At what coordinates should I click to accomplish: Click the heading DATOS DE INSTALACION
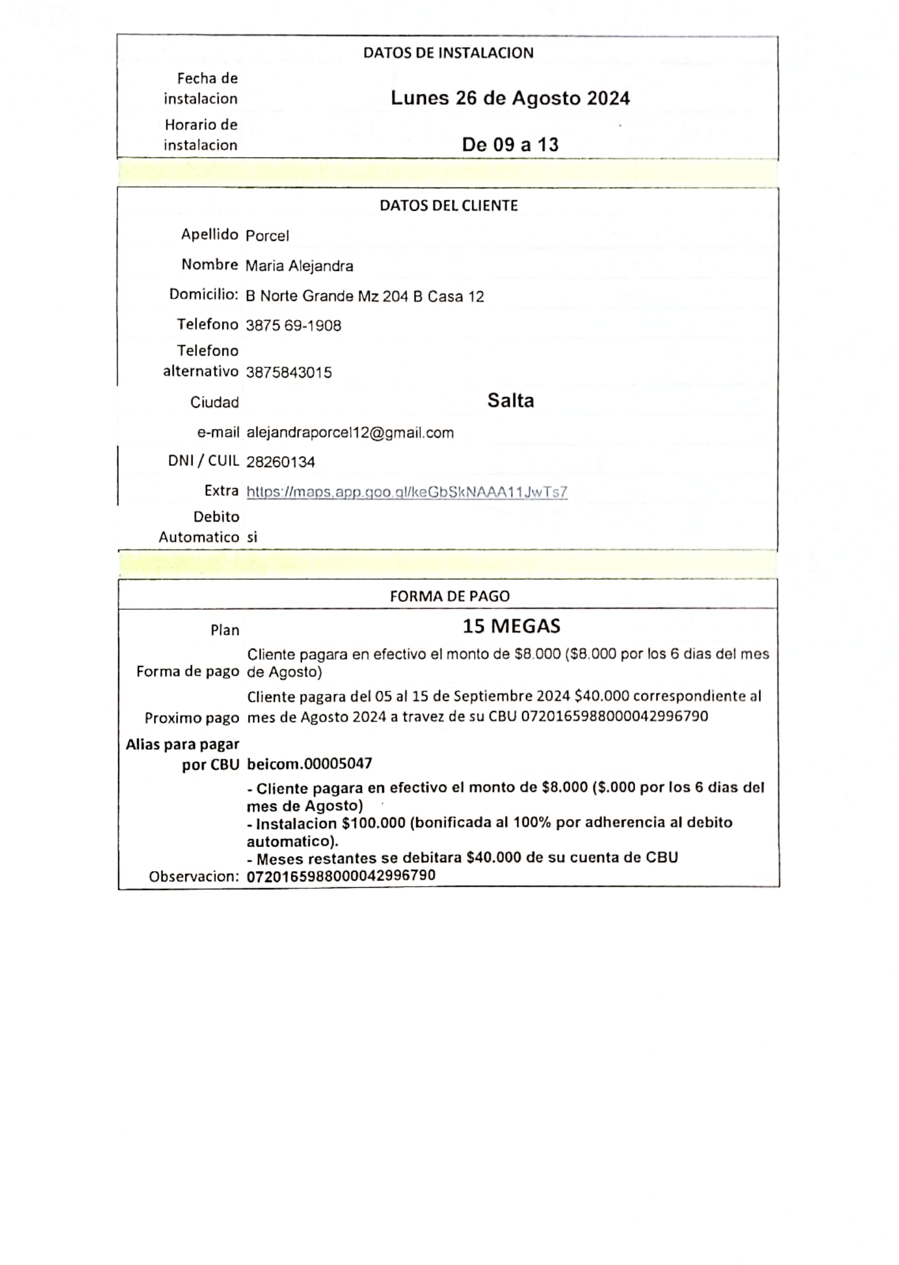point(448,53)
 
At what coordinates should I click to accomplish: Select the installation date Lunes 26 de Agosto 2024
point(510,98)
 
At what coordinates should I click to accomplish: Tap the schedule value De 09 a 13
point(510,145)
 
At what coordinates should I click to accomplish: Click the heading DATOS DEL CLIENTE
point(448,206)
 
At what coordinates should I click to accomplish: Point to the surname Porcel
point(267,236)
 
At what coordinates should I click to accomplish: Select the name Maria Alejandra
point(299,266)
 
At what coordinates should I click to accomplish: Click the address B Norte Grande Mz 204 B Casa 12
point(365,296)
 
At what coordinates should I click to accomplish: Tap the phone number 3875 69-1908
point(293,326)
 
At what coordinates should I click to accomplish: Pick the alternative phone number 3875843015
point(289,372)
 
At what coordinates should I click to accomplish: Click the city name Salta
point(511,401)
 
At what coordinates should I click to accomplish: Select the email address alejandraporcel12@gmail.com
point(350,433)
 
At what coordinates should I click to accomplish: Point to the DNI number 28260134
point(280,462)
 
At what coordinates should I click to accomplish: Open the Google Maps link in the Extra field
point(407,492)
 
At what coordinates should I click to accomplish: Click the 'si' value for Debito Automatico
point(252,537)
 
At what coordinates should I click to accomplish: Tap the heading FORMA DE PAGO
point(449,596)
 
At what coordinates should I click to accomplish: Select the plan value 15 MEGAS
point(511,626)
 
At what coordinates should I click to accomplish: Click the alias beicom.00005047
point(309,764)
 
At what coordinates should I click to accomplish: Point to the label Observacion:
point(194,877)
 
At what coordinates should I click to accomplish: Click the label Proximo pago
point(191,718)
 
